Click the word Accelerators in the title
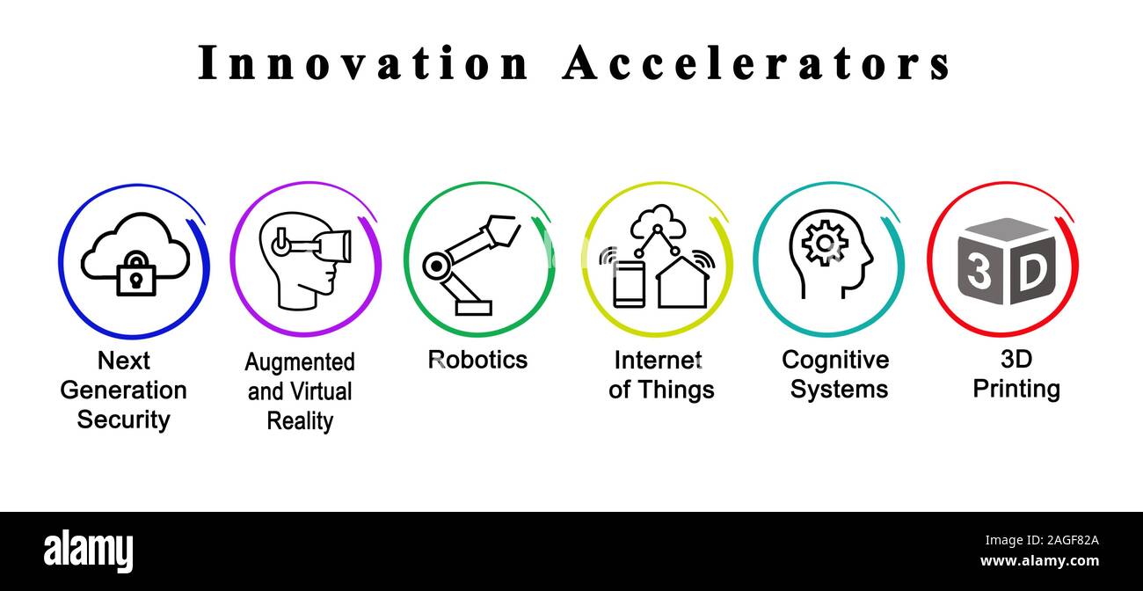click(756, 63)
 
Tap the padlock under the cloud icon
click(135, 274)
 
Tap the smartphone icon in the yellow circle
click(630, 283)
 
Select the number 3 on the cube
click(979, 273)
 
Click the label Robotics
click(477, 360)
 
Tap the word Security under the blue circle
click(123, 420)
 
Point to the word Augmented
click(300, 362)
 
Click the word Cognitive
click(835, 360)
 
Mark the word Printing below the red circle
click(1016, 389)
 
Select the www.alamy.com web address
click(1039, 561)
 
